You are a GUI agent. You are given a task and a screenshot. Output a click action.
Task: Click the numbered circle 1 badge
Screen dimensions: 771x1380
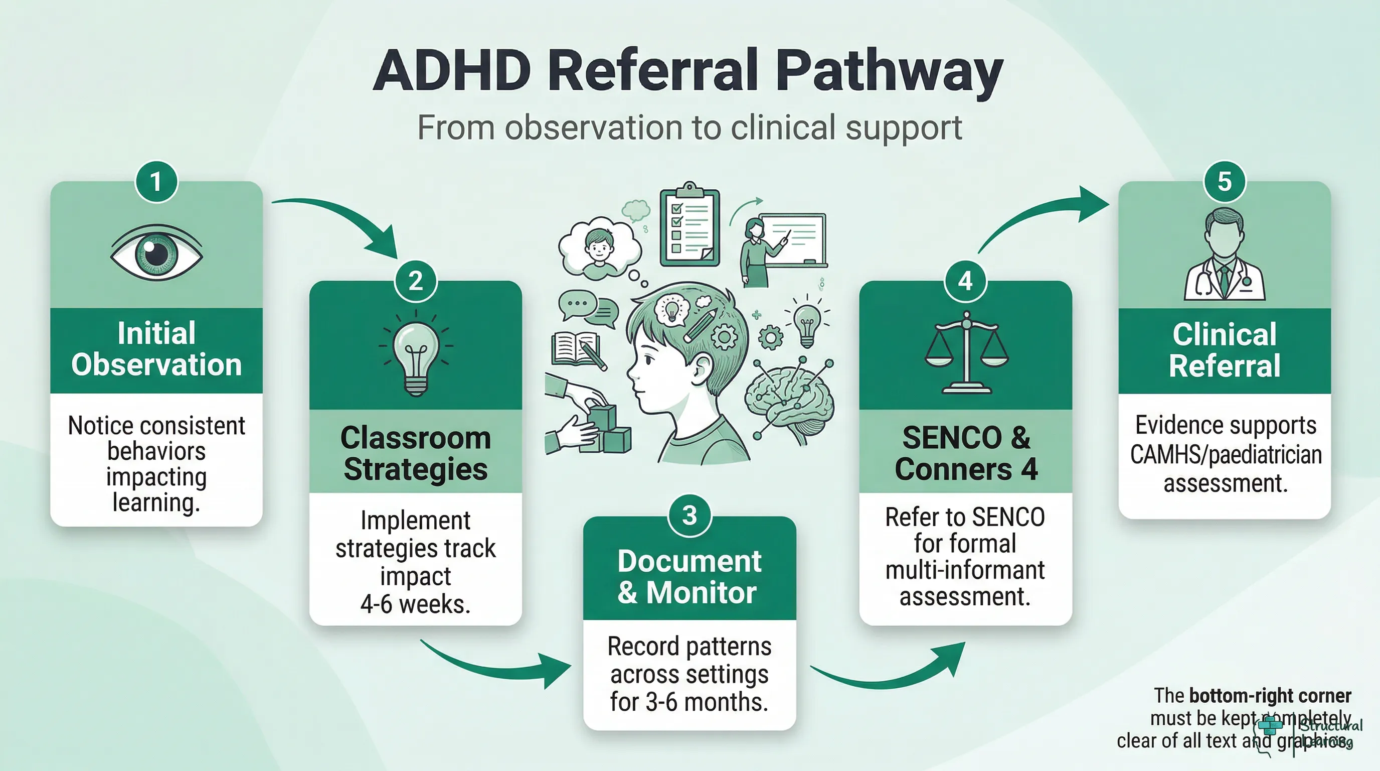(156, 181)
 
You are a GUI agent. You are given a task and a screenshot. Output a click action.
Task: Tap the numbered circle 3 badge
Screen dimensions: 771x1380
(689, 515)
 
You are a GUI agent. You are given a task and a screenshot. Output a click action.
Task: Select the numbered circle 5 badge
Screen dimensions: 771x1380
(1224, 181)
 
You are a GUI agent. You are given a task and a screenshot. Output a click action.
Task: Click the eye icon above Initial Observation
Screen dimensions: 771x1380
(156, 252)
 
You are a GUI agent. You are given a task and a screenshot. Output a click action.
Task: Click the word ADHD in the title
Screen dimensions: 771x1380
(453, 71)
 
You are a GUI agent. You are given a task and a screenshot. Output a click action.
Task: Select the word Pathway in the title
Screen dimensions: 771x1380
(889, 72)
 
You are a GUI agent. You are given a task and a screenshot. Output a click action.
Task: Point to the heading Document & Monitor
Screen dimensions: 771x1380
(689, 577)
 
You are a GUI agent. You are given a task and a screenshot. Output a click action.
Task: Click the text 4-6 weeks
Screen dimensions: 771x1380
(415, 604)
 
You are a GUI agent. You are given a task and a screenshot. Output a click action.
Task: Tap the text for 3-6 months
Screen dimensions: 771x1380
(689, 702)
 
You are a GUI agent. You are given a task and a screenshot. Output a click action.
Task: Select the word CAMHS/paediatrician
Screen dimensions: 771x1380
(1226, 455)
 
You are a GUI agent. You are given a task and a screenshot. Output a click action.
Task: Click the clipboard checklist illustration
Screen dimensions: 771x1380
(689, 225)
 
